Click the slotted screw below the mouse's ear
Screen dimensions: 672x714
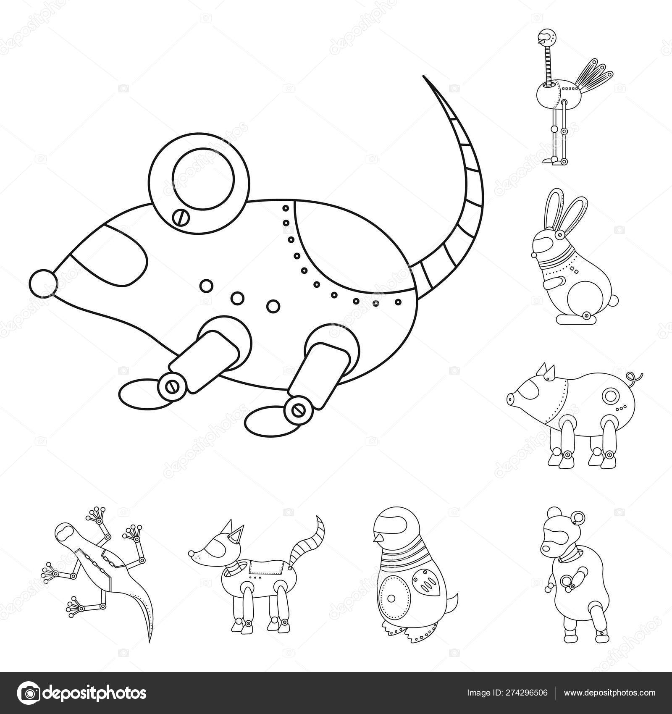(180, 217)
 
